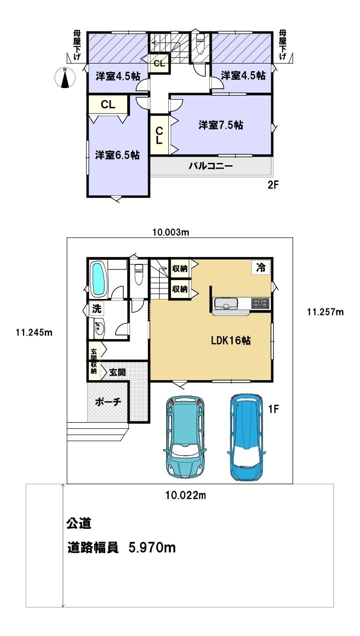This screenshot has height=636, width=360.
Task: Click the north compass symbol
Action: [x=65, y=78]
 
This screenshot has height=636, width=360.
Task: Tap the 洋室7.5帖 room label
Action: [x=221, y=125]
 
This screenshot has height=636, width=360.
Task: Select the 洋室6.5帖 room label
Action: [x=117, y=155]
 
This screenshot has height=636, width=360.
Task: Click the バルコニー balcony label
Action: [x=211, y=166]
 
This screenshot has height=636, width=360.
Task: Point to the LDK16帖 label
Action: [x=230, y=340]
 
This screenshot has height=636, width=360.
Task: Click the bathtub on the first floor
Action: [x=98, y=279]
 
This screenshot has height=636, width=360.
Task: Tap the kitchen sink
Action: [x=226, y=303]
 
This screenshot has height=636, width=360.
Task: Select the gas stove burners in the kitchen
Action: [x=260, y=303]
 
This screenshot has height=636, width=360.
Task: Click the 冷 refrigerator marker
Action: [x=261, y=267]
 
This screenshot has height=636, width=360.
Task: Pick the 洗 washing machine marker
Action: [x=97, y=308]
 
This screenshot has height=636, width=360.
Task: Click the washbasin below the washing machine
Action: [x=99, y=329]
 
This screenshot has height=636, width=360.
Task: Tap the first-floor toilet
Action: [x=139, y=274]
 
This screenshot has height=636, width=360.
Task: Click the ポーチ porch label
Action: [x=108, y=402]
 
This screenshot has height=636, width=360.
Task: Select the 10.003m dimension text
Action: [x=171, y=232]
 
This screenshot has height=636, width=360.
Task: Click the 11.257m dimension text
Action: [x=325, y=312]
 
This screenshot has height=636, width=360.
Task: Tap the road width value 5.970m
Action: [x=152, y=547]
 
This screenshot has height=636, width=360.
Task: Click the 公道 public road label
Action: [x=79, y=523]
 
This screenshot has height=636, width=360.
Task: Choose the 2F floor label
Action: [x=273, y=185]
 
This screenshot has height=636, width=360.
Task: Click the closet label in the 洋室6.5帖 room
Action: [x=108, y=105]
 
